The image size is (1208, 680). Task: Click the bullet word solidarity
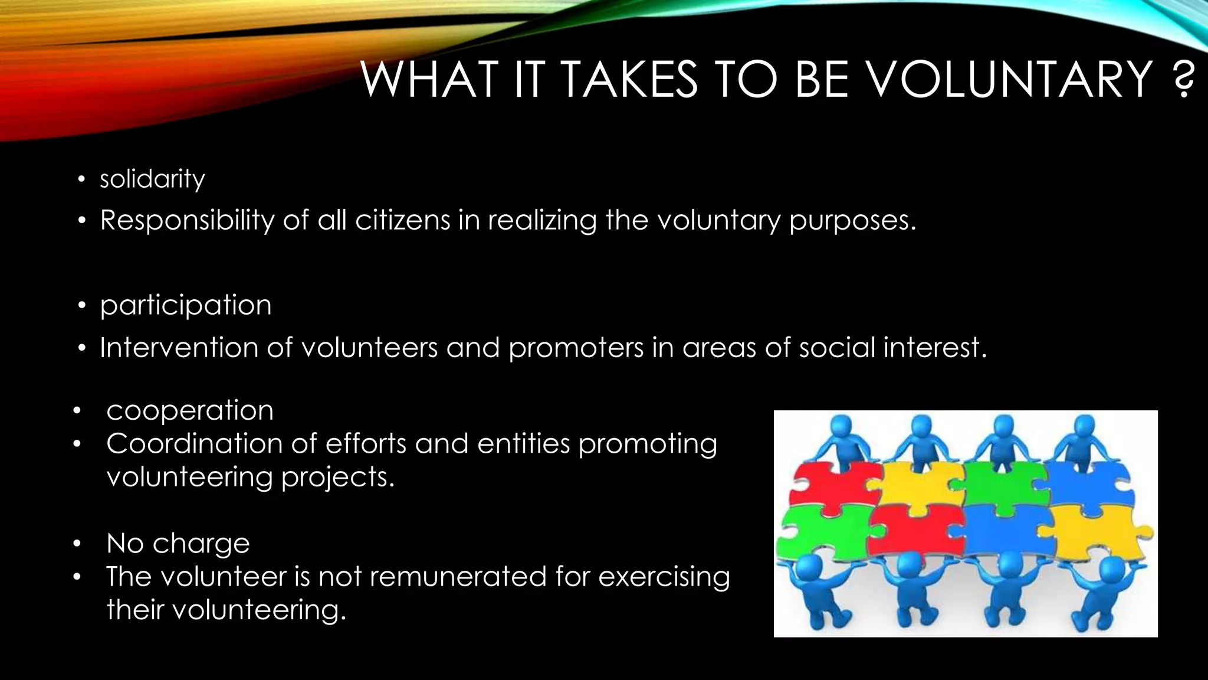152,179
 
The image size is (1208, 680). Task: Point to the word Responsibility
187,221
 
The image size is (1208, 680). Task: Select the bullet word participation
186,306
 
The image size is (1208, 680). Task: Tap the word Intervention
178,347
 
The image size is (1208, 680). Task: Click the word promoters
576,348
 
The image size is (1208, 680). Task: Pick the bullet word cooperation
190,410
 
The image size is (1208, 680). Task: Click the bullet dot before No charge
76,544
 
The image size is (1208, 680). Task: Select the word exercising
664,577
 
